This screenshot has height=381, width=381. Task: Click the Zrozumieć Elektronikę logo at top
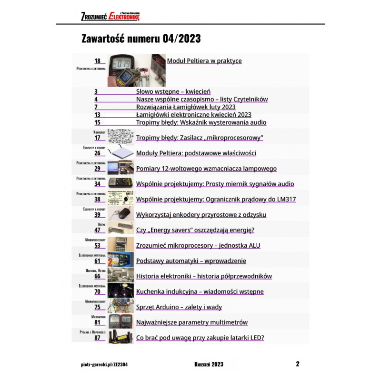coord(110,16)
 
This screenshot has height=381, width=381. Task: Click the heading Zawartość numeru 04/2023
coord(141,39)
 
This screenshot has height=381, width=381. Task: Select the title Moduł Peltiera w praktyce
coord(204,61)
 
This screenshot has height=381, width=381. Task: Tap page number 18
coord(97,61)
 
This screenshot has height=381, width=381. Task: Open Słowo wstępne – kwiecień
coord(173,91)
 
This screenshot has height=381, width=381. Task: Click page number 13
coord(97,115)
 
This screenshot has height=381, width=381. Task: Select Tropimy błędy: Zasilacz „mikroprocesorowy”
coord(200,138)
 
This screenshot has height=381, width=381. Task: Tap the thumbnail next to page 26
coord(121,152)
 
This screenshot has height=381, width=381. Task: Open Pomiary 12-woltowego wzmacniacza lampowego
coord(206,169)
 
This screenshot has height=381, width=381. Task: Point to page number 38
coord(97,200)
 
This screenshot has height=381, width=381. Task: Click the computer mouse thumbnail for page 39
coord(121,214)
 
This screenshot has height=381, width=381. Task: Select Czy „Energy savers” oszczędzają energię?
coord(195,230)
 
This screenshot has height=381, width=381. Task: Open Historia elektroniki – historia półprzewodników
coord(204,276)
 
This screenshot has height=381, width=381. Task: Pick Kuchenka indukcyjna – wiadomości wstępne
coord(200,291)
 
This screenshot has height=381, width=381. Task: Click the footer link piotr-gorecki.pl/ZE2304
coord(104,364)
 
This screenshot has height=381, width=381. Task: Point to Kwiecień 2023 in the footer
coord(209,364)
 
